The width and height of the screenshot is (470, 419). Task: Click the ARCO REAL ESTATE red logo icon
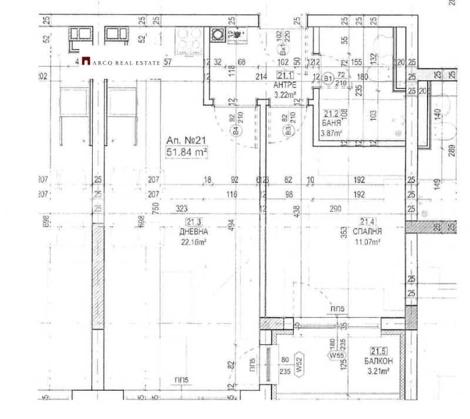[x=86, y=61]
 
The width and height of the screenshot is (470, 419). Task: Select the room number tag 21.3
[x=194, y=222]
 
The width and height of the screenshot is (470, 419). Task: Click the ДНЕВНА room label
[x=194, y=231]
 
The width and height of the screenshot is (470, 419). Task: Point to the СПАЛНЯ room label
[x=368, y=231]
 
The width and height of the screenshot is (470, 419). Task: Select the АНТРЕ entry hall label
[x=285, y=85]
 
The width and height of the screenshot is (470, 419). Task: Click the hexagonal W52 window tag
[x=298, y=368]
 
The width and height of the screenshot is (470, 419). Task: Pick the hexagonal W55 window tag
[x=336, y=355]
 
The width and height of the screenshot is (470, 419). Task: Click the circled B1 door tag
[x=328, y=77]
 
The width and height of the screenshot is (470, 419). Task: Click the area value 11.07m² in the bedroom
[x=368, y=241]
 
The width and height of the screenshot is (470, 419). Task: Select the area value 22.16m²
[x=194, y=241]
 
